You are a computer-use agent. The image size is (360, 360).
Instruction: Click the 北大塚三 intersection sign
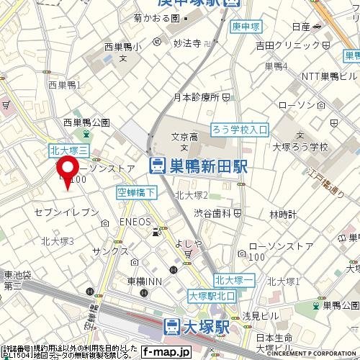[68, 150]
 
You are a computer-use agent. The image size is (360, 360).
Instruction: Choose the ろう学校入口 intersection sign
[239, 130]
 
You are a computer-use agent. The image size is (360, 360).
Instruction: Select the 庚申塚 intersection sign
[246, 27]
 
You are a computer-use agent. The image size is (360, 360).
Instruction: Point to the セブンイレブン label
[66, 212]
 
